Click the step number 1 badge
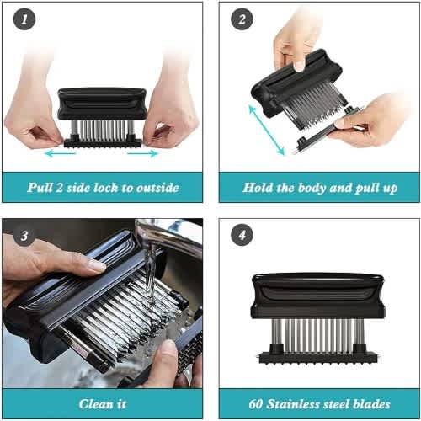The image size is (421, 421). pyautogui.click(x=24, y=19)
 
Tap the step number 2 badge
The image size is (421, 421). pyautogui.click(x=242, y=19)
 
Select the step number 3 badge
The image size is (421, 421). pyautogui.click(x=24, y=235)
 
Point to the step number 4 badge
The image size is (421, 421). pyautogui.click(x=242, y=235)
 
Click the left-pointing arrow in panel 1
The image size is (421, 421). pyautogui.click(x=60, y=153)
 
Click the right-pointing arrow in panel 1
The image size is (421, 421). pyautogui.click(x=143, y=153)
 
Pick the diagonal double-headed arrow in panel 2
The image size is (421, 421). pyautogui.click(x=267, y=130)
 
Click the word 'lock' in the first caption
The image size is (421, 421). pyautogui.click(x=105, y=188)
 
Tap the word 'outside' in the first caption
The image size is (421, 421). pyautogui.click(x=157, y=188)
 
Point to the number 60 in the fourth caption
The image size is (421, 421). pyautogui.click(x=256, y=404)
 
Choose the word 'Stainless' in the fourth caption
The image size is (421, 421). pyautogui.click(x=293, y=404)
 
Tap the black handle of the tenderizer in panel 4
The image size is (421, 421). pyautogui.click(x=317, y=296)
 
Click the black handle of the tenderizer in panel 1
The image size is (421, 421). pyautogui.click(x=102, y=104)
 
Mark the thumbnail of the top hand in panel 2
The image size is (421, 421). pyautogui.click(x=299, y=66)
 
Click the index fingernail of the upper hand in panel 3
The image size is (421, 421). pyautogui.click(x=97, y=265)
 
